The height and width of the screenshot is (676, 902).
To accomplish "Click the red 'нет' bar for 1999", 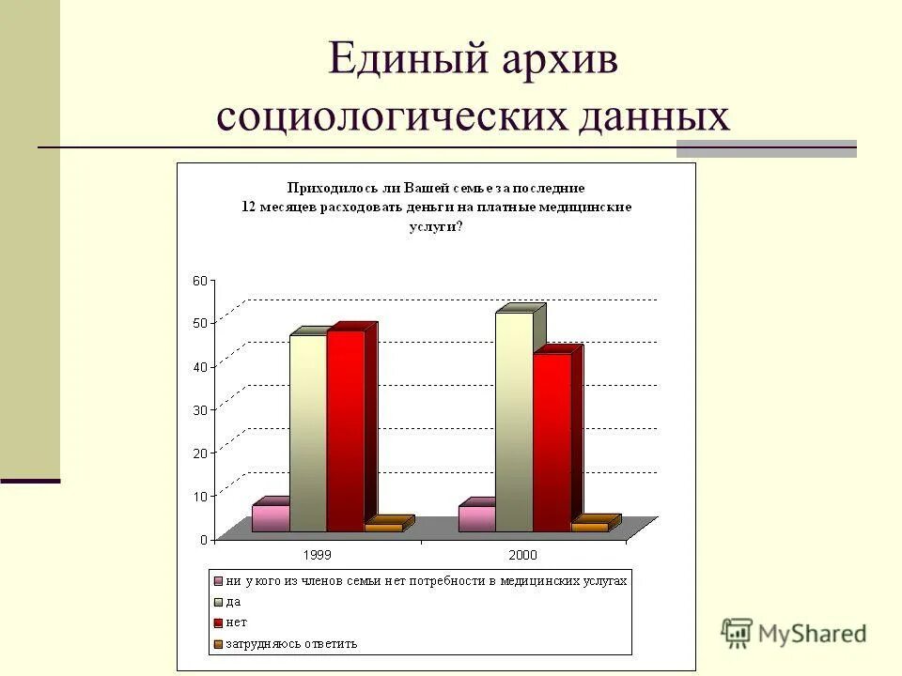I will (346, 432).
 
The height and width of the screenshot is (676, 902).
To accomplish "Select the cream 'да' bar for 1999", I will (308, 434).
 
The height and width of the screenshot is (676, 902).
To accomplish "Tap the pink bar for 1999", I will (271, 518).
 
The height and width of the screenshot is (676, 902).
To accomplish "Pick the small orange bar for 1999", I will (384, 528).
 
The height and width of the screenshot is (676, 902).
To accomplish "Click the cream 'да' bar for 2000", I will (514, 422).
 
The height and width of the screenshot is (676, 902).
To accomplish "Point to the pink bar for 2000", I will (476, 518).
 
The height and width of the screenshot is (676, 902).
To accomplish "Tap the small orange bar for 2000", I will (590, 527).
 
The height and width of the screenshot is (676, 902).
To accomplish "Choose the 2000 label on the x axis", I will (524, 555).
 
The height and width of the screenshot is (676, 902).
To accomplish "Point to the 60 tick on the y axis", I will (199, 281).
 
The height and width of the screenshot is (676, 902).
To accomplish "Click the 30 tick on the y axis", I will (199, 410).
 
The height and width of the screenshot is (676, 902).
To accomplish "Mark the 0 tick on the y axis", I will (203, 540).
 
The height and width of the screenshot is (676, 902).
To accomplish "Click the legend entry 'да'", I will (234, 602).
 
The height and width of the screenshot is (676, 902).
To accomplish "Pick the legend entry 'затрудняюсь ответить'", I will (291, 644).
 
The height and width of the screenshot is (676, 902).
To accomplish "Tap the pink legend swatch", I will (219, 581).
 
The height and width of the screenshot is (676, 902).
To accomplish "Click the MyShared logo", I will (794, 634).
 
